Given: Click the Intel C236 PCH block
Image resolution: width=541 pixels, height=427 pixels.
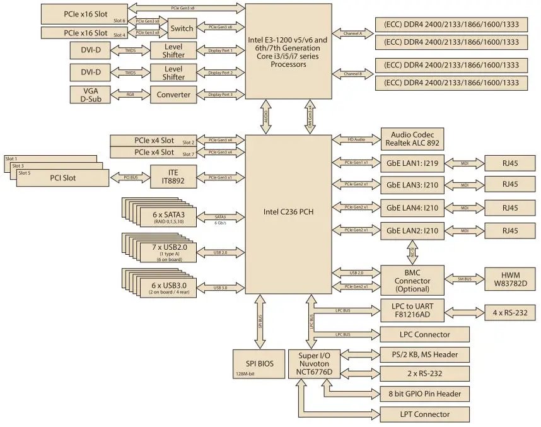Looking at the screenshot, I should [288, 211].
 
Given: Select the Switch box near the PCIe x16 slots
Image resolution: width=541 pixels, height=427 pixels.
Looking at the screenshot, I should [182, 28].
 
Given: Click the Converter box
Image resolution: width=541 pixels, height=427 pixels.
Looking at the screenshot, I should [173, 95].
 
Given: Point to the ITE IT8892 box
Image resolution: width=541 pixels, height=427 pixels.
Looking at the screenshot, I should [173, 178].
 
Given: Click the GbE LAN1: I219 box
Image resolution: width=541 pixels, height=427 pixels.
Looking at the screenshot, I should [414, 163].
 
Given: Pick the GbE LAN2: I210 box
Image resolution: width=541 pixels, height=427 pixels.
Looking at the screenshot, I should [414, 231].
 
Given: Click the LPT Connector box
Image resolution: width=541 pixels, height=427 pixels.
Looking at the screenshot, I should [425, 414].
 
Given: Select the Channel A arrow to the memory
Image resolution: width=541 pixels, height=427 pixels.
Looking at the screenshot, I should [353, 32].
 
